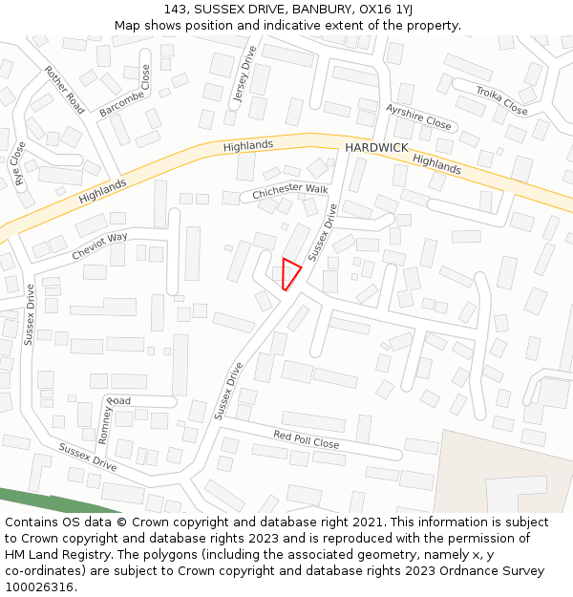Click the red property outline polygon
pos(290,272)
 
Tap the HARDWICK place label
pos(376,148)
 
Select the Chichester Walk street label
pos(290,193)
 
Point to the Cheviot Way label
pos(99,247)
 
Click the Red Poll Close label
pos(307,439)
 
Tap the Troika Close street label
pos(502,100)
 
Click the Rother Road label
pos(64,90)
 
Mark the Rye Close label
pos(18,163)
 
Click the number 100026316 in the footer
pos(39,586)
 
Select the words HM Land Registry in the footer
pos(50,554)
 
